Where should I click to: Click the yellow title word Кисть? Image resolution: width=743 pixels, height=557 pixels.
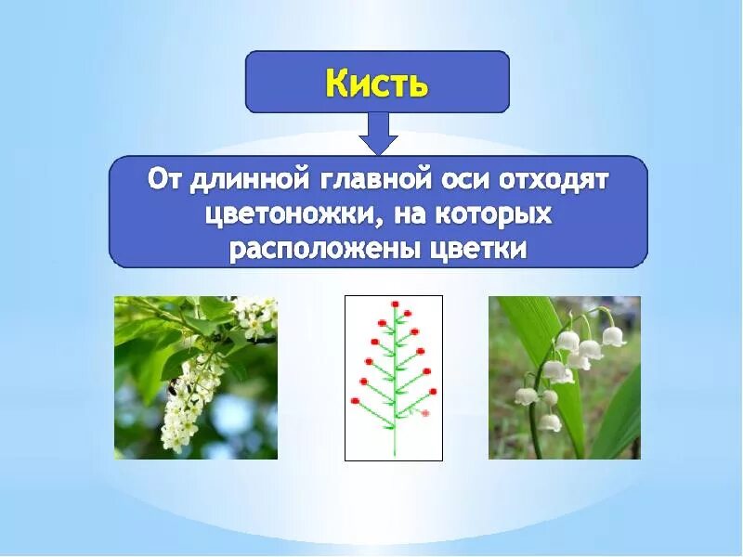377,83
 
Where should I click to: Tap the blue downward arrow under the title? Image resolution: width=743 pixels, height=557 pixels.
377,133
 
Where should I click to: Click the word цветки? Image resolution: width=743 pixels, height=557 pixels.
477,250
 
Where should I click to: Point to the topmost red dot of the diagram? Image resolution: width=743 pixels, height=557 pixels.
395,304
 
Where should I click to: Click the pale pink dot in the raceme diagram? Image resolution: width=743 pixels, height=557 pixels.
425,412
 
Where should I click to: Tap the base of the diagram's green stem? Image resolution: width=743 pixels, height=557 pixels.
395,453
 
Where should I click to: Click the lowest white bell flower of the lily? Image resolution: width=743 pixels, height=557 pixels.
551,423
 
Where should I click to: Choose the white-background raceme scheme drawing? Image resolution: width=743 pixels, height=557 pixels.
394,378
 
